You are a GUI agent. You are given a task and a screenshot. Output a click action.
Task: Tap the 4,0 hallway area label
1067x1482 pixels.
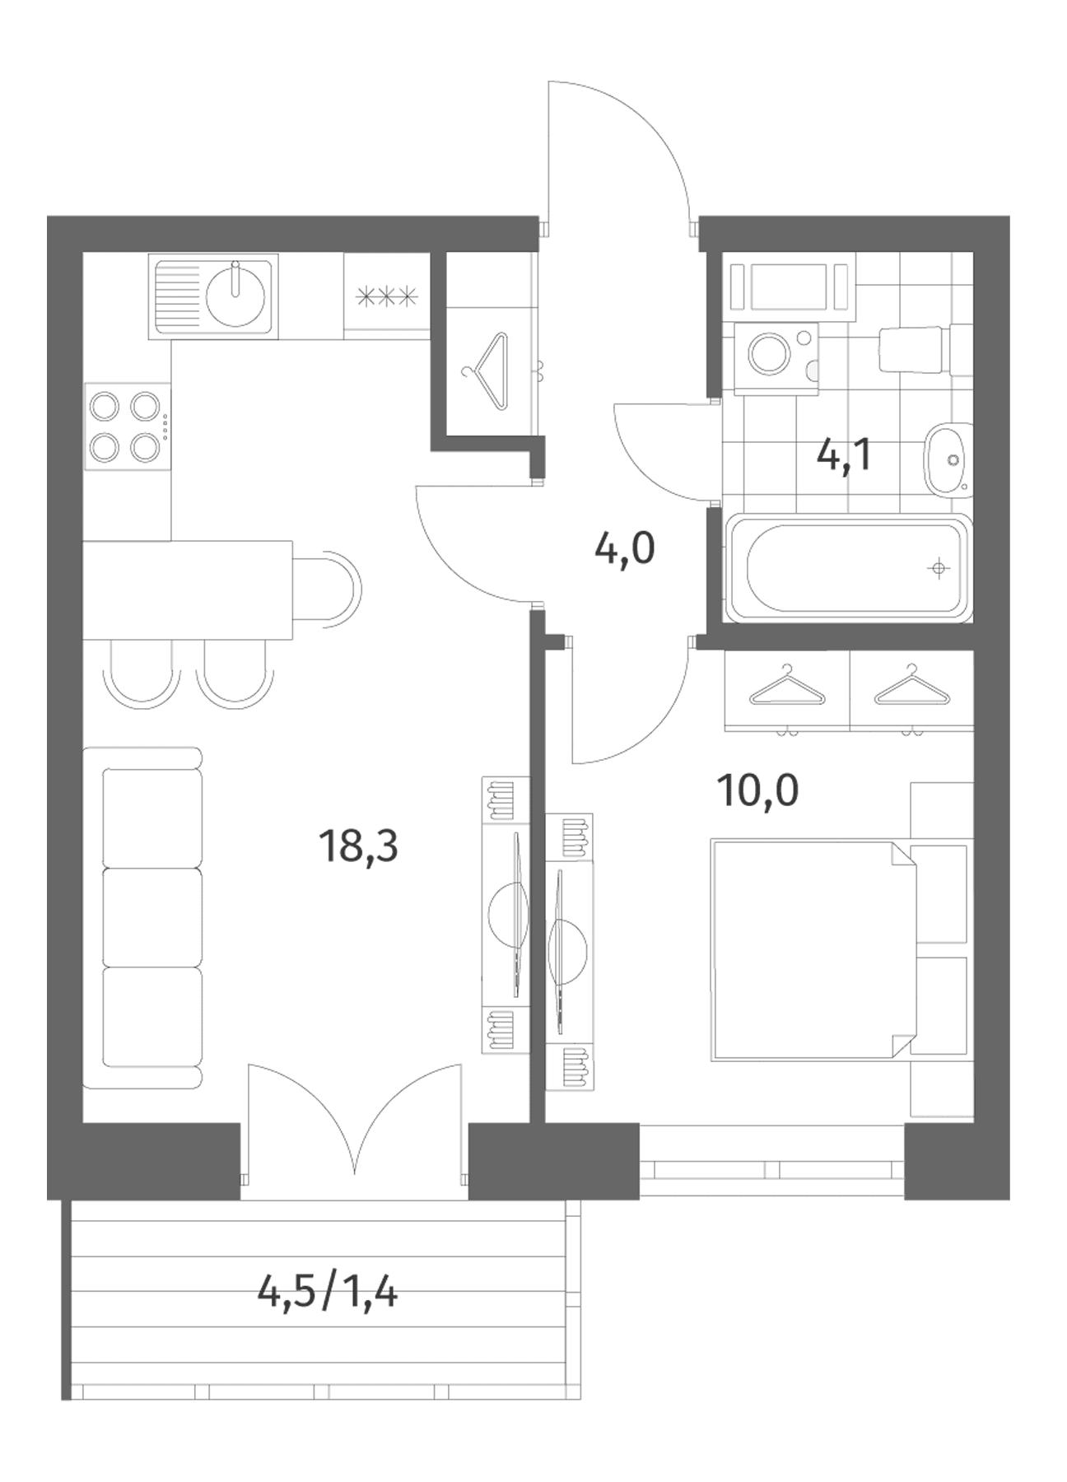[x=625, y=548]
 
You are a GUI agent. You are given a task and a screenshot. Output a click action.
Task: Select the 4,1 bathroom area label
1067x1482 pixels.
[x=844, y=455]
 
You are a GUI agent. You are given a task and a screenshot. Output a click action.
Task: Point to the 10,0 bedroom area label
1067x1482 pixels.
[x=758, y=791]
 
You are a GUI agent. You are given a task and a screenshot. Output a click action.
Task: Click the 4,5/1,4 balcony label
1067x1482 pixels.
[x=328, y=1293]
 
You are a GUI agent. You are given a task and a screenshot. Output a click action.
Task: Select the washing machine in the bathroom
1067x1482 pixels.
[x=772, y=357]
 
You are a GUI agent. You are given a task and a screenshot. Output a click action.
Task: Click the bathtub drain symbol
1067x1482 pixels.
[x=938, y=568]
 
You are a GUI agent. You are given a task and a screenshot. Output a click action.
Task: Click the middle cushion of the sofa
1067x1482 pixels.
[x=152, y=916]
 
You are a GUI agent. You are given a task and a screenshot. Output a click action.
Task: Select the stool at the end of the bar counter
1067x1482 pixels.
[x=328, y=590]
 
